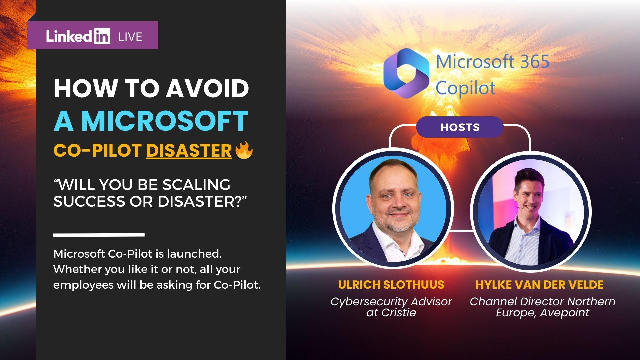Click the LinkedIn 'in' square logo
[102, 36]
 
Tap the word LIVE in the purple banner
[130, 37]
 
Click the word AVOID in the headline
[207, 89]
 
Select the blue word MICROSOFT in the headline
[165, 121]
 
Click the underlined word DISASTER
[189, 151]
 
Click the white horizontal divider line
[99, 235]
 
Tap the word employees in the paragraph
[83, 285]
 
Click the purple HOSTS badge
[460, 127]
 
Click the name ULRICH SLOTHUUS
[391, 285]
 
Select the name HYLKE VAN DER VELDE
[539, 285]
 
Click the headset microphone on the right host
[517, 206]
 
